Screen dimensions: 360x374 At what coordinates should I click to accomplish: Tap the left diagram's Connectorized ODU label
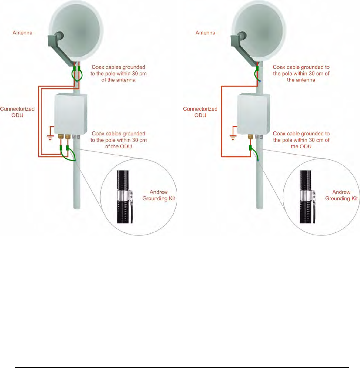coord(17,112)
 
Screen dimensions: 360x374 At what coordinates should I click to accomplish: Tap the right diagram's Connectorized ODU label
coord(200,112)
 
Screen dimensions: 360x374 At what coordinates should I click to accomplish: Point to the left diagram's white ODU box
coord(70,113)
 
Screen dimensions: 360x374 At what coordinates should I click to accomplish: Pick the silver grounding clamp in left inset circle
coord(124,196)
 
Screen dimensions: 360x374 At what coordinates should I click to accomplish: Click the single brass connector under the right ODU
coord(250,137)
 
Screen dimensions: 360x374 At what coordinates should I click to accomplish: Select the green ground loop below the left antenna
coord(77,75)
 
